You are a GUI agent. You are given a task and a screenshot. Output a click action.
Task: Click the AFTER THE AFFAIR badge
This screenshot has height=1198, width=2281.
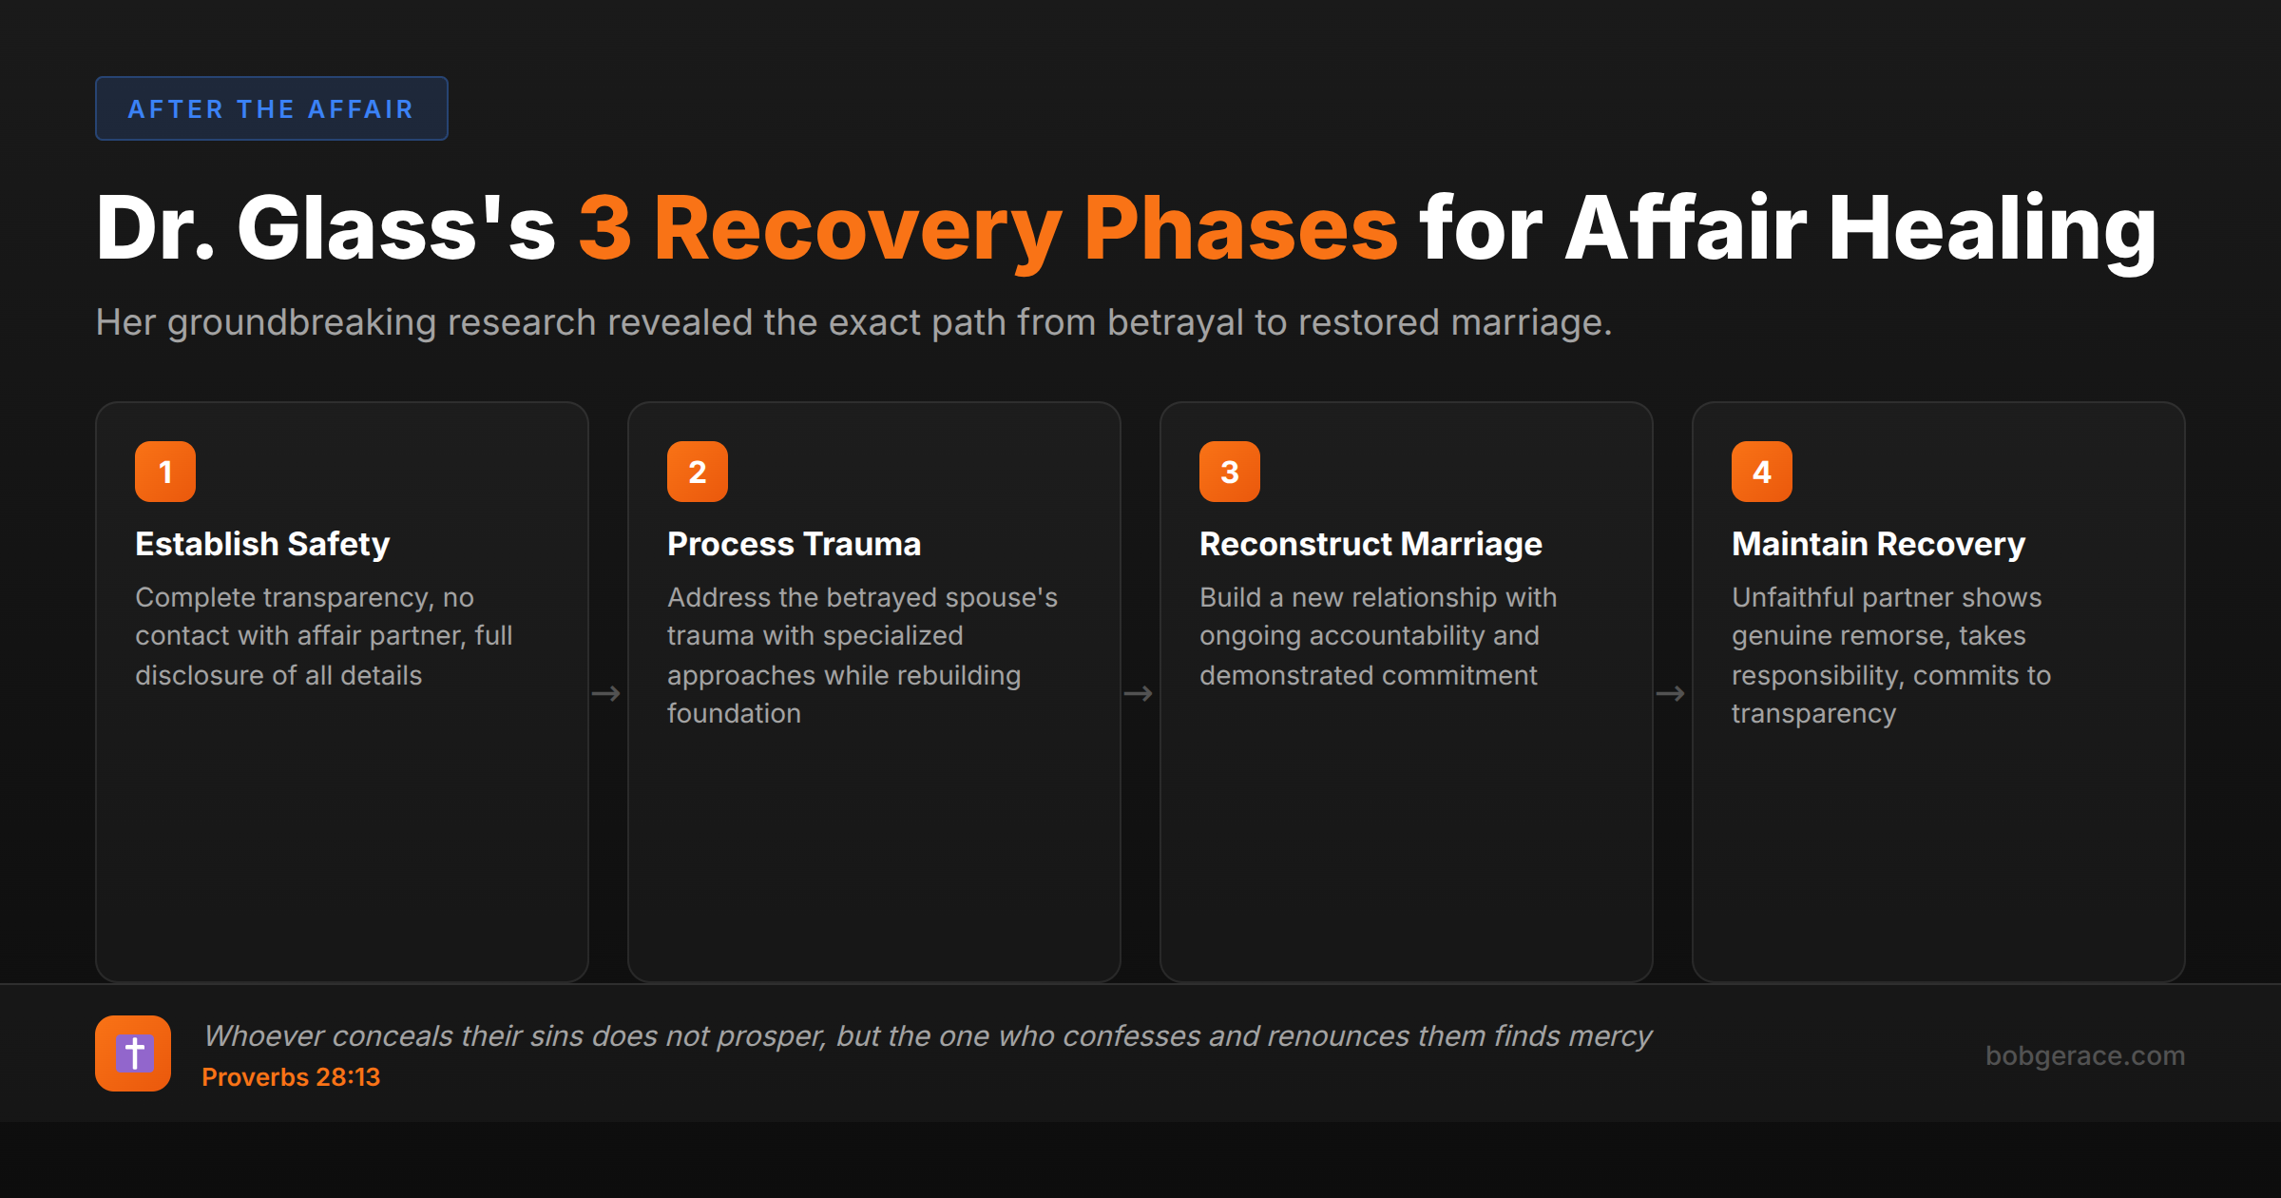(271, 108)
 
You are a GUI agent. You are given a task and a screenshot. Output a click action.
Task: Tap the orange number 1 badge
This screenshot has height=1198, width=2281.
(165, 472)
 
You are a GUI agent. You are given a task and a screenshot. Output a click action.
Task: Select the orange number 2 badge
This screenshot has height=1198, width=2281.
(698, 472)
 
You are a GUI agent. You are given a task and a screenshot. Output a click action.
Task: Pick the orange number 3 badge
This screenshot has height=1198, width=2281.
(1230, 472)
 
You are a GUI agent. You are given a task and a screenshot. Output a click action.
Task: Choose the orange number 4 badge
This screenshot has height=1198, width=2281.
(1762, 472)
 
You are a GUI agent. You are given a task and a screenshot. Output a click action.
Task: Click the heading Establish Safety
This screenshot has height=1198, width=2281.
(262, 544)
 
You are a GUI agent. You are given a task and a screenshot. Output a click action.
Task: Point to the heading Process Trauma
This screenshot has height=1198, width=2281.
(794, 544)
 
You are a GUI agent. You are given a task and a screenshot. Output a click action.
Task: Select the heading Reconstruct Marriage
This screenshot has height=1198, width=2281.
(1371, 544)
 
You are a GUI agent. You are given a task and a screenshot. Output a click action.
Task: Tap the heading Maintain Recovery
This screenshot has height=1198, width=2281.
(1878, 544)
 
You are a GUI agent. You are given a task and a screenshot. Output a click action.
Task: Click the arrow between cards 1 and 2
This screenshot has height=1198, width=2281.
(606, 694)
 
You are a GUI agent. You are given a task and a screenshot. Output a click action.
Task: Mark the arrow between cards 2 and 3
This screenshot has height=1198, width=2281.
(1139, 694)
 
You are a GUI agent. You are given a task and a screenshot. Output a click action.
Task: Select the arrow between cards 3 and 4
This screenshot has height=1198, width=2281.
(1671, 694)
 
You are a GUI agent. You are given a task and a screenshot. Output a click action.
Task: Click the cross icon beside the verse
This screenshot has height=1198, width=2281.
(133, 1053)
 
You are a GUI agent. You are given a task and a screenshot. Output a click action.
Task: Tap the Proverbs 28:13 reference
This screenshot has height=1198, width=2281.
(291, 1077)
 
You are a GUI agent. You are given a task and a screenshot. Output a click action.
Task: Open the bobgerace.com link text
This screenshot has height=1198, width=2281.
(2085, 1055)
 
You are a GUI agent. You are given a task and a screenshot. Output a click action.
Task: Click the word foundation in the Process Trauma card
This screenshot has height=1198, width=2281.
(734, 713)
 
